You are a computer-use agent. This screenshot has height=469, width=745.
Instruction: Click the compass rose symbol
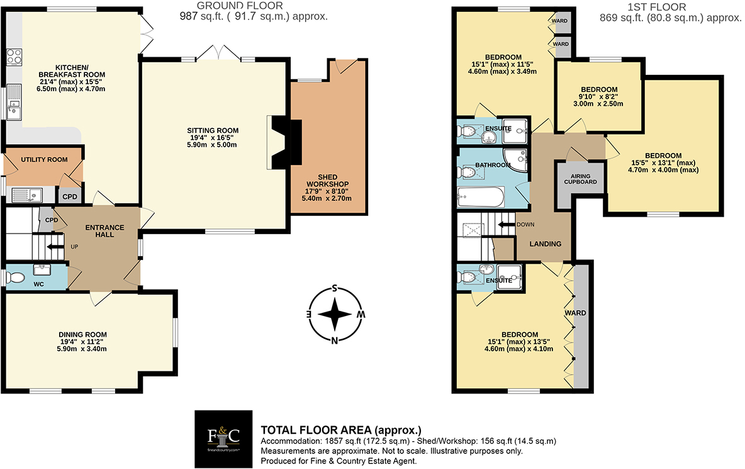(336, 315)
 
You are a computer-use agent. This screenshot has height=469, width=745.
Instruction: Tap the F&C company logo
(224, 437)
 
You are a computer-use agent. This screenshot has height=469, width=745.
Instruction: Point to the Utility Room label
(44, 160)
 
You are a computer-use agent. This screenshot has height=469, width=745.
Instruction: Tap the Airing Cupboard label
(579, 178)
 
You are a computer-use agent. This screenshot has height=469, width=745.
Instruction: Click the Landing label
(544, 244)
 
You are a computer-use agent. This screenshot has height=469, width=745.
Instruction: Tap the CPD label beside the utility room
(70, 196)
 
